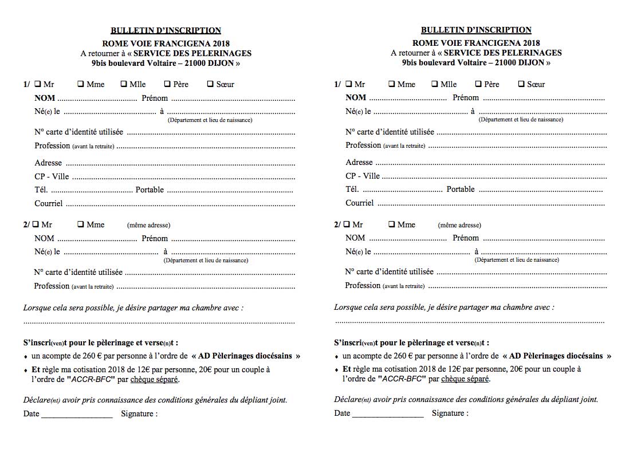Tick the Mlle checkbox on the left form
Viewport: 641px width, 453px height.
(124, 84)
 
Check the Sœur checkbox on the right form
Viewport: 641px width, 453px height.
(521, 84)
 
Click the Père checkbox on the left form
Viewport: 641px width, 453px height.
(167, 84)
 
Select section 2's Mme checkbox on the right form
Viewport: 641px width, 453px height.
(392, 224)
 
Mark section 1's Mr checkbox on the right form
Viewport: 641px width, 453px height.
(348, 84)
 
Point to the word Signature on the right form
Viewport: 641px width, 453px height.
(450, 413)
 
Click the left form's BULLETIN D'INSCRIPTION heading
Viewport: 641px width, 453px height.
(166, 30)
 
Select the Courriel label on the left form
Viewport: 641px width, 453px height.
(48, 203)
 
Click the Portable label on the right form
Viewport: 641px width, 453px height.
(461, 190)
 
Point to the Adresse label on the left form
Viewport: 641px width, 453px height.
(48, 163)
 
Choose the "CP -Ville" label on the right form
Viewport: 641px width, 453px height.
(363, 176)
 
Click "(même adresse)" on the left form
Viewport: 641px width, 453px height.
(148, 225)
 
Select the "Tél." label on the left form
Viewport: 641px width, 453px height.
(41, 190)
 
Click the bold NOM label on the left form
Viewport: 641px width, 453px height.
(45, 98)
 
